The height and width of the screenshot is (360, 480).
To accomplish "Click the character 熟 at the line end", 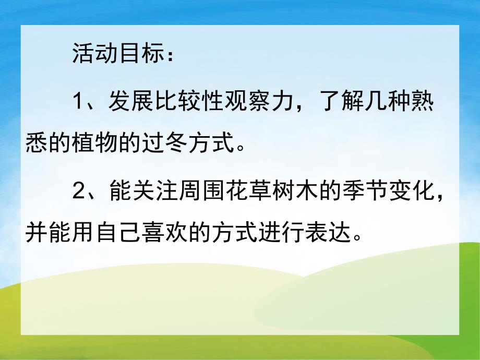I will tap(427, 101).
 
